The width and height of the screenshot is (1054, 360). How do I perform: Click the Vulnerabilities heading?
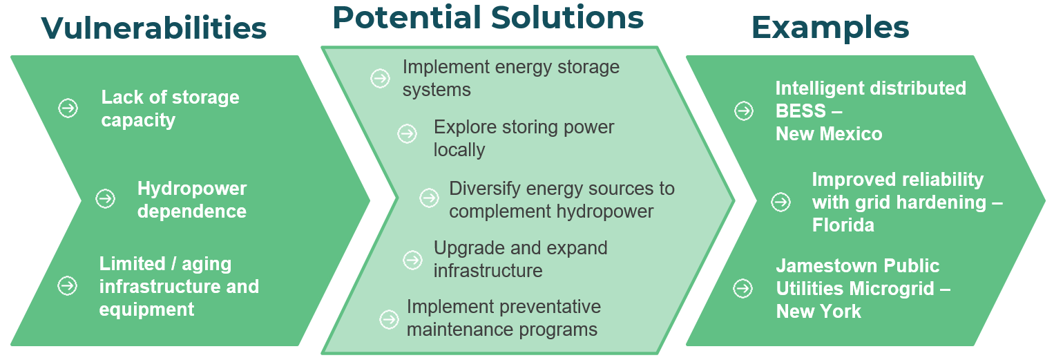pos(154,28)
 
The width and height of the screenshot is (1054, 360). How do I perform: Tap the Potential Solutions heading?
pos(488,18)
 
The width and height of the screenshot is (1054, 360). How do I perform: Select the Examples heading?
pos(830,28)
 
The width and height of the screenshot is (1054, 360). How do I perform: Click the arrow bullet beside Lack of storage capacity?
pos(68,108)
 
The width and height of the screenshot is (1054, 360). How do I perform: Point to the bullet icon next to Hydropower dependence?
pos(106,198)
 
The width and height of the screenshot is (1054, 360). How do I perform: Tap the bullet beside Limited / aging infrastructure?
pos(67,285)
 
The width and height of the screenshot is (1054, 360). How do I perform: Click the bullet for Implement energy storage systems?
pos(380,78)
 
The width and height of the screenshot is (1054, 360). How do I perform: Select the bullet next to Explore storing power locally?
pos(407,133)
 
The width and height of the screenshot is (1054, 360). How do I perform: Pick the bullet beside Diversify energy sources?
pos(429,198)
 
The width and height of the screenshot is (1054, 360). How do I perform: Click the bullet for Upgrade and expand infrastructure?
pos(412,260)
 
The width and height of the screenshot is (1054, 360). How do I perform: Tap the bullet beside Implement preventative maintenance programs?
pos(389,319)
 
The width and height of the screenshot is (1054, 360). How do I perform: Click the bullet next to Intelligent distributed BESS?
pos(744,111)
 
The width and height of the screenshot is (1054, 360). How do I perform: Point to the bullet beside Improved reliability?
pos(781,202)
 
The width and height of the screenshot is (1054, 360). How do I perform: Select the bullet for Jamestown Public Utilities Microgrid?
pos(743,288)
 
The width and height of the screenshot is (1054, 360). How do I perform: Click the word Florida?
pos(843,225)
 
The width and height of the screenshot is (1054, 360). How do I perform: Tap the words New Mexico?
pos(829,134)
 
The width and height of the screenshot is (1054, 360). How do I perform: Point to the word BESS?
pos(801,111)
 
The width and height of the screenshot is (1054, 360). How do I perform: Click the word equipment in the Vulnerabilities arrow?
pos(146,310)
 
